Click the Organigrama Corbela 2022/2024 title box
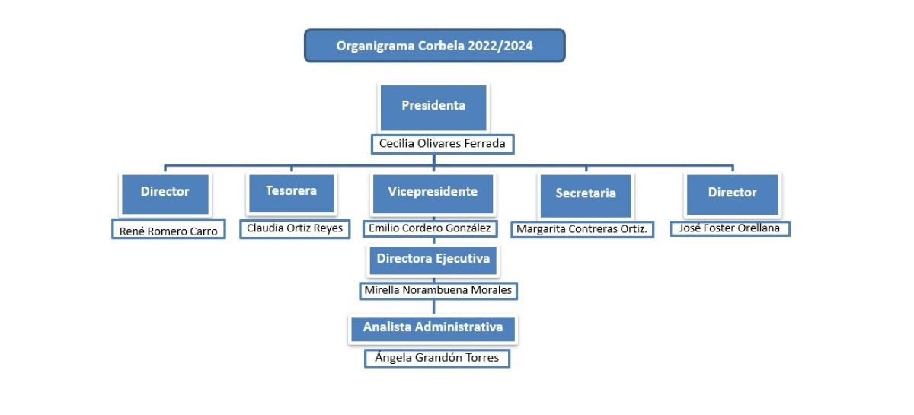(435, 45)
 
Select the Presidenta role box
(433, 107)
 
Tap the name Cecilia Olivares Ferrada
(443, 144)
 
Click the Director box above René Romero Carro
(165, 194)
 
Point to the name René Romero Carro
(168, 231)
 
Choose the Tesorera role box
(291, 193)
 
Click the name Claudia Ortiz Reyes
(295, 228)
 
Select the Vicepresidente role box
(433, 194)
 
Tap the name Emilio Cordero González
(430, 228)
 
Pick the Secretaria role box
(586, 196)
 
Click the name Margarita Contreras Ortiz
(582, 229)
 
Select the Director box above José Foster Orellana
(733, 195)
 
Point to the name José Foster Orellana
(730, 228)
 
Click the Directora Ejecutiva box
(433, 260)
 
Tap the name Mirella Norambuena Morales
(438, 290)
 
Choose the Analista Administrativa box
(433, 329)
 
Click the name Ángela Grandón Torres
(437, 357)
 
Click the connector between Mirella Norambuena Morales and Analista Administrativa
(433, 307)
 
